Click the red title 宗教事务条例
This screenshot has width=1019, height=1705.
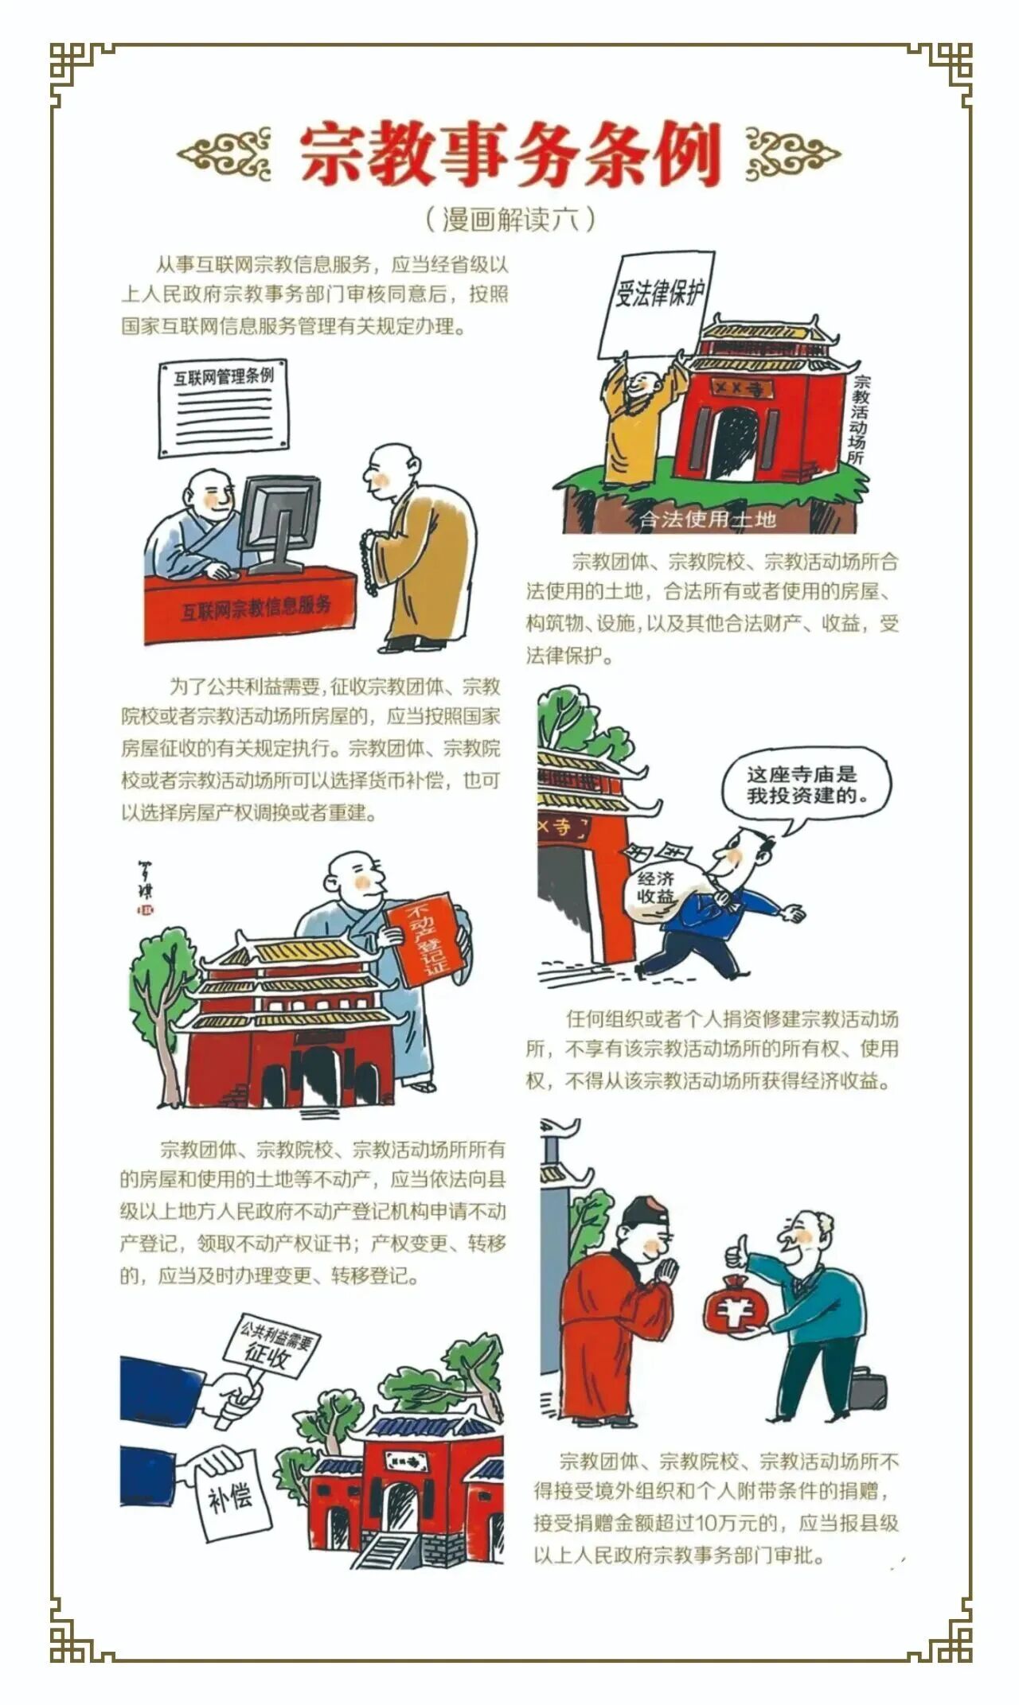tap(509, 154)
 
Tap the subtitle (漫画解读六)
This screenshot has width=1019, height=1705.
tap(509, 219)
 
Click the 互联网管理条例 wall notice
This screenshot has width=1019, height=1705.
tap(223, 407)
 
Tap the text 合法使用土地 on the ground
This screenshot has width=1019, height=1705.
tap(708, 520)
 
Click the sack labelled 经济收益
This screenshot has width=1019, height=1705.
tap(661, 886)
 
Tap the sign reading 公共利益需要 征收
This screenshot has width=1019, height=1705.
tap(268, 1342)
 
